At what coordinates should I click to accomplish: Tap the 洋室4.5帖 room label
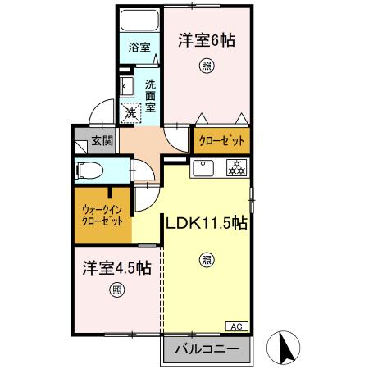[x=116, y=267]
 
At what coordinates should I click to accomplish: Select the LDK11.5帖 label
[x=208, y=222]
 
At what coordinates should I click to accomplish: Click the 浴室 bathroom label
[x=139, y=48]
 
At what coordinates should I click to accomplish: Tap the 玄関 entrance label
[x=102, y=140]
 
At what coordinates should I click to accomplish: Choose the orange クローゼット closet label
[x=221, y=141]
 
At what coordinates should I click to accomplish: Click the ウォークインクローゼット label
[x=102, y=215]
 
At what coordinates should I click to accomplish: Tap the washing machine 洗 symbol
[x=130, y=112]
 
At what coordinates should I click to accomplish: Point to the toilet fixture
[x=89, y=171]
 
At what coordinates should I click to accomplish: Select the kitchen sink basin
[x=203, y=169]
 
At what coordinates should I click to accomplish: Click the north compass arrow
[x=288, y=348]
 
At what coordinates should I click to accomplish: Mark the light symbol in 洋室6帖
[x=200, y=66]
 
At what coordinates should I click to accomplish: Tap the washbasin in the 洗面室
[x=127, y=87]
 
